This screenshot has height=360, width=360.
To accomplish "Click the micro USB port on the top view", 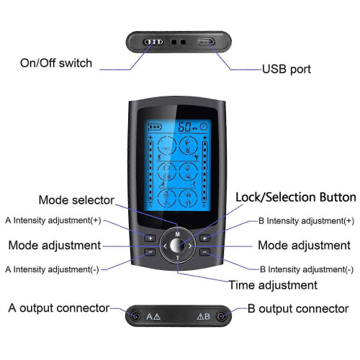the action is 206,42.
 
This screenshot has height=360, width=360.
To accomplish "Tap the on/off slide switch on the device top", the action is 153,42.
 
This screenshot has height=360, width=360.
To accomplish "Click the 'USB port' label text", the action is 286,69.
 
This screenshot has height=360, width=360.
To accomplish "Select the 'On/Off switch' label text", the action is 56,63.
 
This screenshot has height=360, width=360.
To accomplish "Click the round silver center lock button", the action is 177,246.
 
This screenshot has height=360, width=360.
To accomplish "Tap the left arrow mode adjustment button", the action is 165,246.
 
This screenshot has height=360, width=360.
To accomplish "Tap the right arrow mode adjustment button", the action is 190,246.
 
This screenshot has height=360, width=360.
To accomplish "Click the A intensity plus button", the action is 150,238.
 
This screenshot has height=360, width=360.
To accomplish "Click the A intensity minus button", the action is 150,252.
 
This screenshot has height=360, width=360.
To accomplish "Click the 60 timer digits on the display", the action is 184,127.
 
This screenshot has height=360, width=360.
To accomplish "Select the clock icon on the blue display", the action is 204,127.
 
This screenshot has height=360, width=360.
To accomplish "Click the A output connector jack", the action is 135,316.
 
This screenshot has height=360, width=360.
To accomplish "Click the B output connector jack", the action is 221,316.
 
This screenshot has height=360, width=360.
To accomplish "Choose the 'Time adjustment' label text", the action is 273,285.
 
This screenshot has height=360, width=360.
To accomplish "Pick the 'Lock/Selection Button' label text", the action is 296,197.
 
